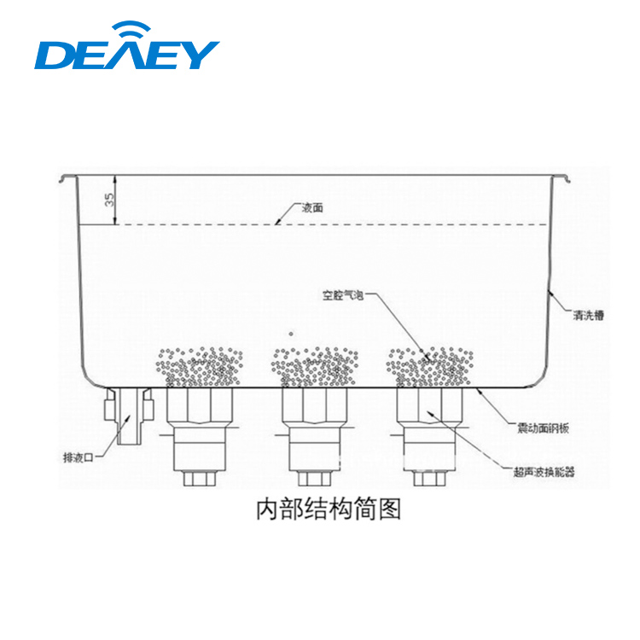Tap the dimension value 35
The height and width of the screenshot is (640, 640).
tap(108, 201)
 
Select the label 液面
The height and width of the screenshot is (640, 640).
tap(312, 207)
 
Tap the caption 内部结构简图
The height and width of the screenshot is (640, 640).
tap(329, 510)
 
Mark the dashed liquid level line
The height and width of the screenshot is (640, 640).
tap(384, 224)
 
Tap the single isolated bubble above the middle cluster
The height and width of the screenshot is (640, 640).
tap(292, 334)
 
